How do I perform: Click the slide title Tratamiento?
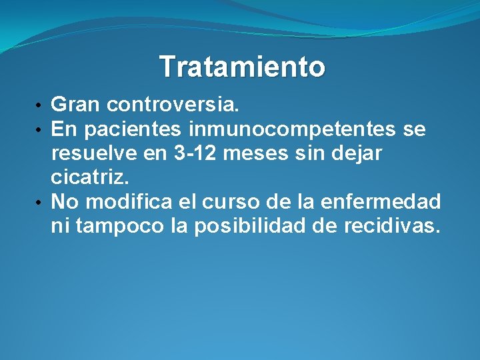click(x=242, y=67)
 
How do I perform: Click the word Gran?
click(x=76, y=105)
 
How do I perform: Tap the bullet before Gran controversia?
click(x=41, y=105)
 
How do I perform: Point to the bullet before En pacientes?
click(x=41, y=129)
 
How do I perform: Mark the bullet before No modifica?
click(x=41, y=201)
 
